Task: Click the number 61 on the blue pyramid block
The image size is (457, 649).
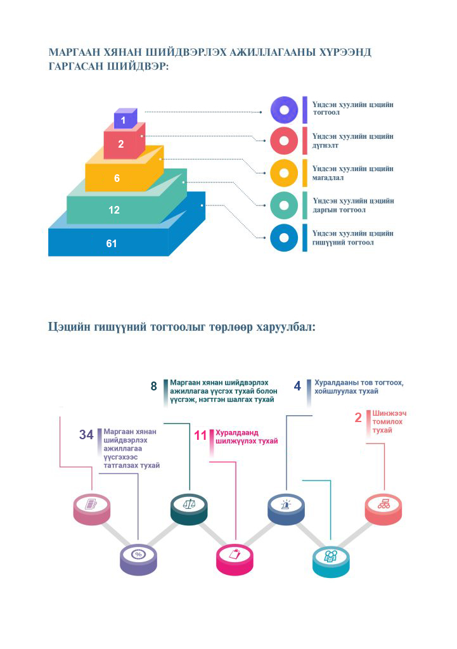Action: click(112, 243)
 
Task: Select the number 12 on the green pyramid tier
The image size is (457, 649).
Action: click(114, 210)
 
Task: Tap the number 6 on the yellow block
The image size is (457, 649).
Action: click(117, 179)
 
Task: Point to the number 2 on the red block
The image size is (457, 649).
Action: click(120, 145)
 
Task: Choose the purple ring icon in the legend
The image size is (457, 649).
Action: click(284, 110)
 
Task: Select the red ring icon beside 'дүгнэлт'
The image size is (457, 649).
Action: click(284, 141)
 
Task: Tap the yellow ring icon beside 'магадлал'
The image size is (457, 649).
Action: click(284, 173)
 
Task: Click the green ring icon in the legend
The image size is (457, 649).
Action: click(284, 205)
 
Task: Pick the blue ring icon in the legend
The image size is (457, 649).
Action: click(284, 238)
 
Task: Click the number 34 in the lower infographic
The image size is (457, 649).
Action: click(86, 435)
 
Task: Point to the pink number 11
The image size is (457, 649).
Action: click(201, 435)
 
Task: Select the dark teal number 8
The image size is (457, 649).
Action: click(153, 386)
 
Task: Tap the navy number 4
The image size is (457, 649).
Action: click(297, 386)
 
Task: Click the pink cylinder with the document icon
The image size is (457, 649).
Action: click(90, 506)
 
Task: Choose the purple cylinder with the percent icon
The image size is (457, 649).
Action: click(138, 556)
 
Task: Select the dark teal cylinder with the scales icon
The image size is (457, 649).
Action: click(189, 506)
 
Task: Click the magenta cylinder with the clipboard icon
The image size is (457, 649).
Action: click(235, 556)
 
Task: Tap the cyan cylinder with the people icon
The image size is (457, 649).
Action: click(330, 558)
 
